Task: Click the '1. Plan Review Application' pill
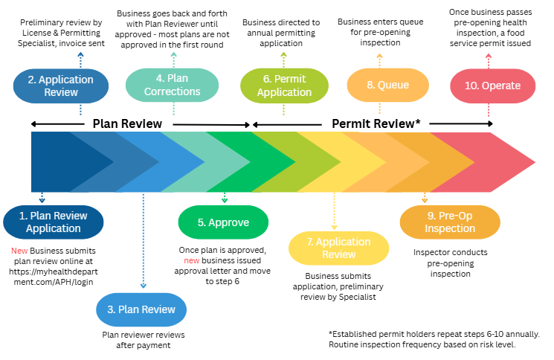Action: (53, 222)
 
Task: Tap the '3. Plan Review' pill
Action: (142, 309)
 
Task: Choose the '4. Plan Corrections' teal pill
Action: (173, 86)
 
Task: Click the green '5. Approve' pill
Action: (223, 222)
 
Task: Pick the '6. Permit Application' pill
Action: (284, 86)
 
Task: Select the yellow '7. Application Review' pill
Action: (338, 248)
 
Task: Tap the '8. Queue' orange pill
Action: (387, 86)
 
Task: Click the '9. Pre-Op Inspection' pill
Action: (439, 222)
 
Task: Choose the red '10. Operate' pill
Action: (492, 86)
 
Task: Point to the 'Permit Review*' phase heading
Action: (376, 123)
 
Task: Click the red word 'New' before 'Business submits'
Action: (19, 251)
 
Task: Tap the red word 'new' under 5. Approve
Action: (192, 262)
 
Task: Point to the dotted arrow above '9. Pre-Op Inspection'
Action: (425, 198)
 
